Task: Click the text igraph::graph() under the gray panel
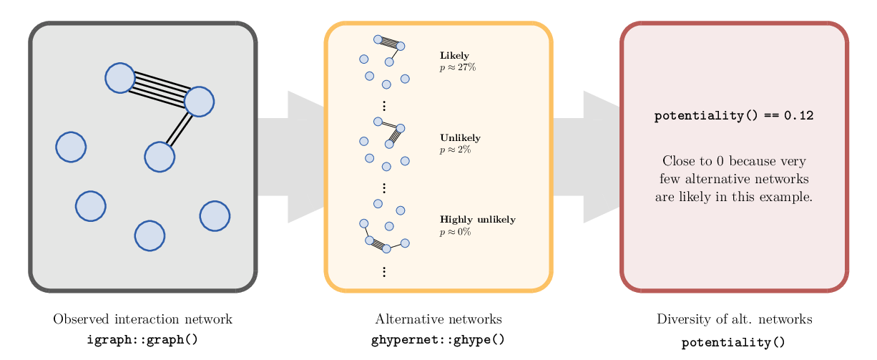tap(142, 340)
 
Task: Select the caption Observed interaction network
tap(142, 319)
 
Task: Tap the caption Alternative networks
tap(438, 319)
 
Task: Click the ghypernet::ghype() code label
tap(438, 340)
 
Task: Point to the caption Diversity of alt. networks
tap(734, 319)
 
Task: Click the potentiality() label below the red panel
tap(734, 343)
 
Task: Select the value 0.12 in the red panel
tap(798, 115)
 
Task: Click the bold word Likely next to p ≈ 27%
tap(454, 56)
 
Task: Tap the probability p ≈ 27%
tap(457, 67)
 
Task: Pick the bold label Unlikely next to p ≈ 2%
tap(460, 138)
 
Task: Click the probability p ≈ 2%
tap(455, 150)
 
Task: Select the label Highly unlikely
tap(477, 220)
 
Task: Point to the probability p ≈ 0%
tap(455, 232)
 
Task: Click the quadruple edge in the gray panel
tap(160, 89)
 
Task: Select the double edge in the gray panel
tap(179, 130)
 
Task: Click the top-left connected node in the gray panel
tap(120, 78)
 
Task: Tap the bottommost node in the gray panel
tap(150, 235)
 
